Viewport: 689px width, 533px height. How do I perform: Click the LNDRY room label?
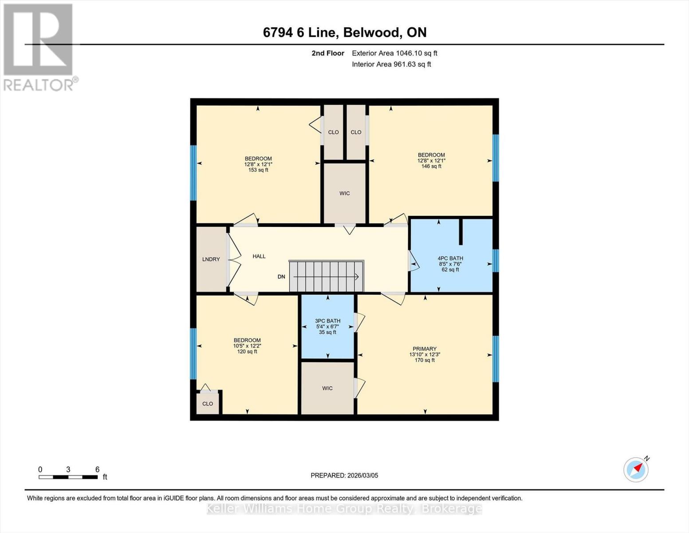[x=211, y=259]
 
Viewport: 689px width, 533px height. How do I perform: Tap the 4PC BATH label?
[x=450, y=259]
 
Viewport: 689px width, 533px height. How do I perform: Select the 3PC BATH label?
[x=327, y=321]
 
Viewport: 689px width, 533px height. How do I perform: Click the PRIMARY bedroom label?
[x=425, y=349]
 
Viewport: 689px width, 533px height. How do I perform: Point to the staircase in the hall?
[x=326, y=276]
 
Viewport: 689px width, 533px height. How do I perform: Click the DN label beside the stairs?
[x=281, y=277]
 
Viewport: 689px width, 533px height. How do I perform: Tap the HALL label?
[x=259, y=256]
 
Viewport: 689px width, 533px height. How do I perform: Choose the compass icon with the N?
[x=636, y=469]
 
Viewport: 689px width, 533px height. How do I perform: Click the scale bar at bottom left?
[x=68, y=477]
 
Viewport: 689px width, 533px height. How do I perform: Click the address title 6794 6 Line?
[x=344, y=32]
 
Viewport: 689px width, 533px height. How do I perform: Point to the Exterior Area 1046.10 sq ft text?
[x=394, y=53]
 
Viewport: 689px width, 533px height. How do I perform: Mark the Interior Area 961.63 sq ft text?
[x=391, y=64]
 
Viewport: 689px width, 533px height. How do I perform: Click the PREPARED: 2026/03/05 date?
[x=344, y=475]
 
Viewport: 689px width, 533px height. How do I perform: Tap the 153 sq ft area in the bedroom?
[x=258, y=170]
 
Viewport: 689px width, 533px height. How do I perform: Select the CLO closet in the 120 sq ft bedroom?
[x=208, y=404]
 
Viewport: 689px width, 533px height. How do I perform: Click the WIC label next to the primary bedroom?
[x=327, y=388]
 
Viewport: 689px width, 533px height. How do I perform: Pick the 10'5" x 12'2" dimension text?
[x=247, y=346]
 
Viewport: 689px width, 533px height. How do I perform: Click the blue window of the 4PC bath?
[x=496, y=261]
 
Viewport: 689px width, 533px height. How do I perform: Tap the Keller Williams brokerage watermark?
[x=344, y=509]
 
